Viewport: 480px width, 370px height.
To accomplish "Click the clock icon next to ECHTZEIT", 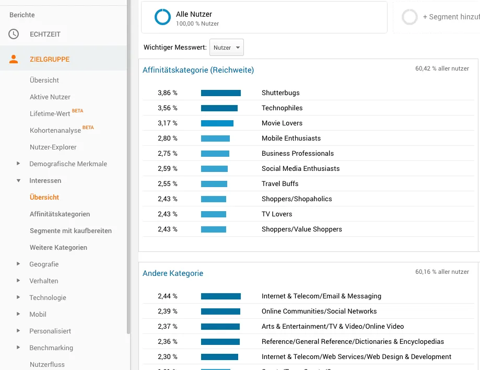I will [14, 34].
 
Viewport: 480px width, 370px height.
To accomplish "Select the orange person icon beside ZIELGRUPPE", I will [14, 59].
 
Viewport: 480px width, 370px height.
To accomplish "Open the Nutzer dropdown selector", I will [226, 48].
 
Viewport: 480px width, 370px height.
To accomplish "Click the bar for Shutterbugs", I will [220, 93].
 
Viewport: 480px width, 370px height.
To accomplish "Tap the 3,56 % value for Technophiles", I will [168, 108].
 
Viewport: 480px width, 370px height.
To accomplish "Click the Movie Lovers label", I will [282, 123].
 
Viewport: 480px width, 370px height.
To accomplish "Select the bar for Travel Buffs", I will [214, 184].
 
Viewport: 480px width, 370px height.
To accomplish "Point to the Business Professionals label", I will [298, 154].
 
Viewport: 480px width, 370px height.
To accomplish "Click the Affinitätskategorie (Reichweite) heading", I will [198, 70].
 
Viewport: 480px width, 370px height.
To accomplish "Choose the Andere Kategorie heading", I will [173, 273].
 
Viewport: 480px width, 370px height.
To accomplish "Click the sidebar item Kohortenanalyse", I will [55, 130].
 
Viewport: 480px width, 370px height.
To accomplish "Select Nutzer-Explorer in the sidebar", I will [53, 147].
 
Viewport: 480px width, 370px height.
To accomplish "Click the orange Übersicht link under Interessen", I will [44, 198].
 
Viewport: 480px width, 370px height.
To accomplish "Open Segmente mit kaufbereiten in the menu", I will [71, 231].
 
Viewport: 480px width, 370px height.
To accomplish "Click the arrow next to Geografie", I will [18, 264].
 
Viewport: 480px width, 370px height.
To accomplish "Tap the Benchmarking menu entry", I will [51, 348].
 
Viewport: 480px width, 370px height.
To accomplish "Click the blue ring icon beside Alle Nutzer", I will [162, 18].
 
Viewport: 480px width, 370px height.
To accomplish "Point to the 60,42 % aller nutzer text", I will [442, 68].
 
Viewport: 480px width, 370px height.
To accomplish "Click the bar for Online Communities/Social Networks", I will [220, 311].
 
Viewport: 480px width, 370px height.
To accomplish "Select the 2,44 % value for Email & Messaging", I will [168, 296].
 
